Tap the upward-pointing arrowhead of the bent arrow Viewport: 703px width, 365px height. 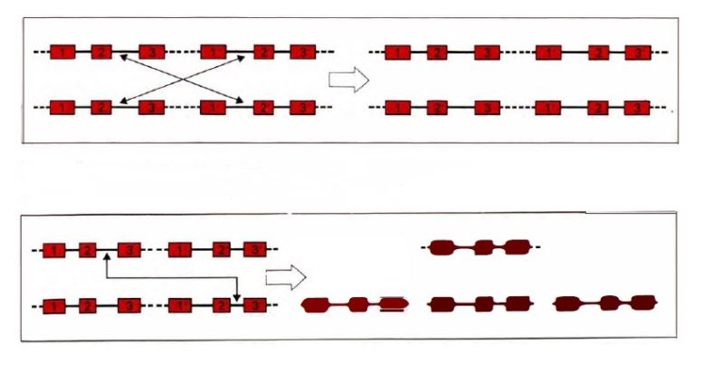pos(107,257)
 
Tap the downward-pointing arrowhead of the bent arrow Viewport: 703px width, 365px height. pos(237,297)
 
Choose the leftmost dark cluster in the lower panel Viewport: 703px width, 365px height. pos(356,304)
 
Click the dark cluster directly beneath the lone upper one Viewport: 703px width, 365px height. pos(480,303)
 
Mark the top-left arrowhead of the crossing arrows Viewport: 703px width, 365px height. pos(122,59)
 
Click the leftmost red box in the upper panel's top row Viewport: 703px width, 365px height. pos(62,52)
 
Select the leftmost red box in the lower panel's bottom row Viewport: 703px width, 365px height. pos(55,305)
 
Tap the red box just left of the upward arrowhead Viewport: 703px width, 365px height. pos(87,249)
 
